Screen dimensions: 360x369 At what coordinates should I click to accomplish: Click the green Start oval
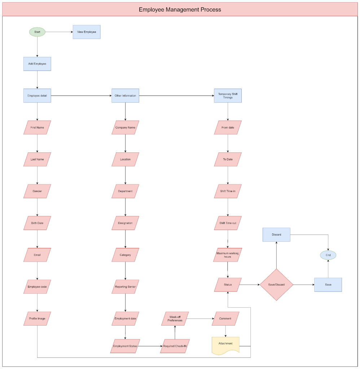37,32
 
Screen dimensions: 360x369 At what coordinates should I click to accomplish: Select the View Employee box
87,32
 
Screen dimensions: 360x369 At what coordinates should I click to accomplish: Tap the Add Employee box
37,64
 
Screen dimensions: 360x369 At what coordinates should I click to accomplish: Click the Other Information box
125,95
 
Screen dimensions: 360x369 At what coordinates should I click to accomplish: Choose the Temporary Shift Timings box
228,95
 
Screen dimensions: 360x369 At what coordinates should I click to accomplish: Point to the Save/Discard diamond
276,285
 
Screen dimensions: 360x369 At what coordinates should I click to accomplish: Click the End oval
328,255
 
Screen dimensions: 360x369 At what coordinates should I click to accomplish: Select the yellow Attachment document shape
225,346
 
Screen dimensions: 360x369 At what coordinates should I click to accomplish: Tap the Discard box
276,235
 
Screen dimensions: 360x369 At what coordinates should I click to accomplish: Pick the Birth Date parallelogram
37,223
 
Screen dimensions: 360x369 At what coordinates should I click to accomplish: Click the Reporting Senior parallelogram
125,286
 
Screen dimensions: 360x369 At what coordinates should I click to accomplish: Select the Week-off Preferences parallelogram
175,319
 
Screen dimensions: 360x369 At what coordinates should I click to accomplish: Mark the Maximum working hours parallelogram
228,255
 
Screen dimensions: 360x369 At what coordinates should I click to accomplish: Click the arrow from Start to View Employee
59,32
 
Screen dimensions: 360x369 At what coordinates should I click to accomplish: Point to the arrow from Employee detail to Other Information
81,95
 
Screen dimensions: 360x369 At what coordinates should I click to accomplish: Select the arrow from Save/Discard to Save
304,285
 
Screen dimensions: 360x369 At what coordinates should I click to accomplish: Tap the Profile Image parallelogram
37,319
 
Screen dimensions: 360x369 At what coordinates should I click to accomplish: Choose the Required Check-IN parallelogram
175,346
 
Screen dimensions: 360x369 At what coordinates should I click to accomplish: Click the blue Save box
328,285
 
